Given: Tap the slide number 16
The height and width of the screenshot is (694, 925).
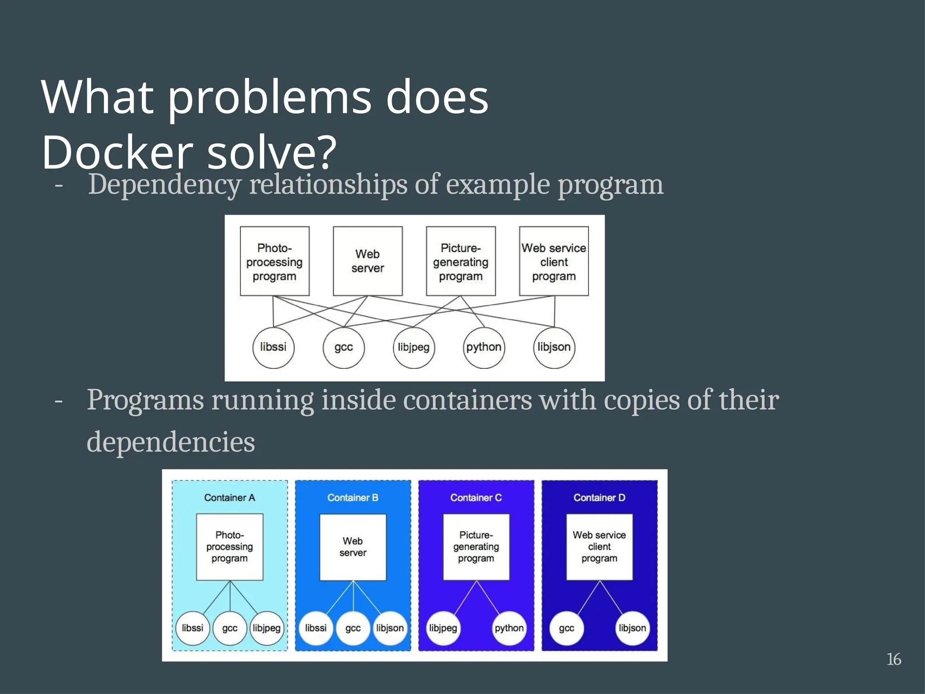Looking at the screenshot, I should click(x=893, y=659).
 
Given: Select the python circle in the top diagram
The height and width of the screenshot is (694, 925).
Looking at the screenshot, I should click(x=484, y=347).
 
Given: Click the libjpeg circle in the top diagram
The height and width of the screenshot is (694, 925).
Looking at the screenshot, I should click(x=413, y=347).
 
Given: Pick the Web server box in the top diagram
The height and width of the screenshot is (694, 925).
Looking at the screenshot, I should click(x=368, y=261).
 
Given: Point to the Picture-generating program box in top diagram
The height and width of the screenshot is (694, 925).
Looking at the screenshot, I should click(x=461, y=261).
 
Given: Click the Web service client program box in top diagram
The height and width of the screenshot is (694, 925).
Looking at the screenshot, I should click(x=554, y=261).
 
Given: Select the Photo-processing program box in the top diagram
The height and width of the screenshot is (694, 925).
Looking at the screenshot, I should click(x=275, y=261).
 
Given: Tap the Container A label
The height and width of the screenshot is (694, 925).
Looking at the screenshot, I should click(x=229, y=497).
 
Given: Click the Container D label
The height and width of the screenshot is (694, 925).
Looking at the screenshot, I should click(x=599, y=497).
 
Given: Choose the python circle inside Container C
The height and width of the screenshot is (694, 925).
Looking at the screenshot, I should click(x=509, y=628).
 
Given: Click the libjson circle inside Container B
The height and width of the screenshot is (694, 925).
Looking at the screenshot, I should click(x=390, y=628).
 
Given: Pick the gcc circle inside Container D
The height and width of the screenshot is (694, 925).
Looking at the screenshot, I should click(x=566, y=628).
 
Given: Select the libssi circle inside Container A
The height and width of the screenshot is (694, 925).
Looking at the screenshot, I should click(x=192, y=628).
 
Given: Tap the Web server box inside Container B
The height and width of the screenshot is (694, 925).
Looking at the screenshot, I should click(x=353, y=547).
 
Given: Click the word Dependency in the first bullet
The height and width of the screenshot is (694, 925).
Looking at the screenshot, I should click(x=165, y=185).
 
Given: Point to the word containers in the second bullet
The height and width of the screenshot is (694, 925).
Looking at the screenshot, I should click(x=467, y=400).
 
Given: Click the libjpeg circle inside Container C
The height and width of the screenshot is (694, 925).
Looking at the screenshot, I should click(x=443, y=628).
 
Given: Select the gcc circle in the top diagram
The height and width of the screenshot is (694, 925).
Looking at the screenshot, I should click(x=343, y=347).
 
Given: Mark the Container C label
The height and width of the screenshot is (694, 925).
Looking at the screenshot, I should click(x=476, y=497).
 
